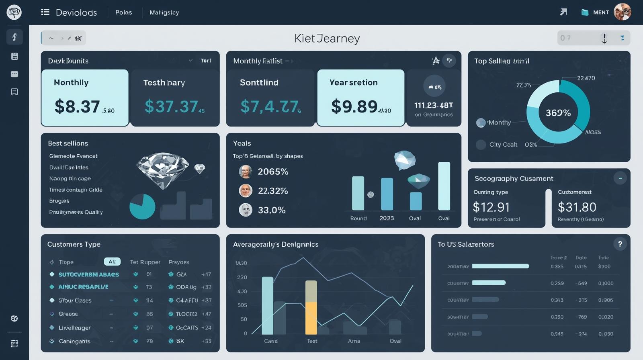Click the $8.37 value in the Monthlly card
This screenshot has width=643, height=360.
77,107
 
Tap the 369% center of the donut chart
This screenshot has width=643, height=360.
558,113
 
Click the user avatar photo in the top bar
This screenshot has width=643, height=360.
623,12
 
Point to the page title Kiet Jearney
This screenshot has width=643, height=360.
327,38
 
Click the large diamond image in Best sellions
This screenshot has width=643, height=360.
163,169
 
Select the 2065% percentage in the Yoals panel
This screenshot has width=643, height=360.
273,172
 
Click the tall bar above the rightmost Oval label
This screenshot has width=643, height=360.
444,186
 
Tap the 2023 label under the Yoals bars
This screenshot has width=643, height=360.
387,218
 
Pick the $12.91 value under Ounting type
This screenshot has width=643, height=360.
491,207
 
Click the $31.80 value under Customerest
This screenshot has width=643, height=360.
577,207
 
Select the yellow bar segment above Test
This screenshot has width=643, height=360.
311,318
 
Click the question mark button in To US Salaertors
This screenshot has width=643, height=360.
620,244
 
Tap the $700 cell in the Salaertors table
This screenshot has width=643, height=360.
604,266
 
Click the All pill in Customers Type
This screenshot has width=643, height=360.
112,262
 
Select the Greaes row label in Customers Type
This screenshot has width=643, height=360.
68,314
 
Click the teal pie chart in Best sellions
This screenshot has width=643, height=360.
142,207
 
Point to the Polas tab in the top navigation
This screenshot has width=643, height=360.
123,12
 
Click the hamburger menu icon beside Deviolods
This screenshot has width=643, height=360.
45,12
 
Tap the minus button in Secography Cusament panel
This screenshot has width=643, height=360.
620,178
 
